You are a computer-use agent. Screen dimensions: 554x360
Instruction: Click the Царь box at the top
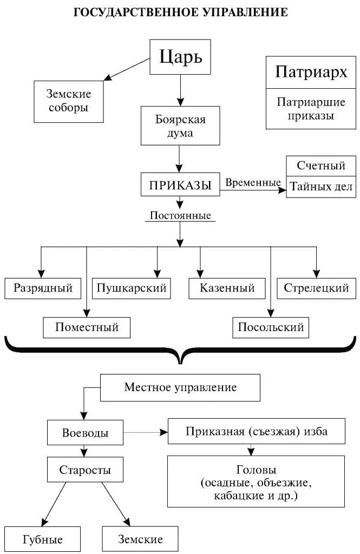180,57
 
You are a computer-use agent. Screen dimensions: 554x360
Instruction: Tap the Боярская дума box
180,126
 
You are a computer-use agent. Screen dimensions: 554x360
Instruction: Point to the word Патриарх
311,71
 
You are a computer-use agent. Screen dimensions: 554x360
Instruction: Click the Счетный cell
321,166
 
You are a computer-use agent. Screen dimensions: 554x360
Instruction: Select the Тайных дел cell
321,187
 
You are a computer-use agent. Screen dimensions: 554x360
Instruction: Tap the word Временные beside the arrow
252,183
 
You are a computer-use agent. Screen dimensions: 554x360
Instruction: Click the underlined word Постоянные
180,215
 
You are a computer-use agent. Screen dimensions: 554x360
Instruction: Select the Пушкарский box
132,288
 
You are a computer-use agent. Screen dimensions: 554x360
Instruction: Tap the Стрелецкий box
316,288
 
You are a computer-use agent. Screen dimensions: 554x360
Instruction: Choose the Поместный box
87,327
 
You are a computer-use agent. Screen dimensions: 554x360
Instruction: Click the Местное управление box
180,388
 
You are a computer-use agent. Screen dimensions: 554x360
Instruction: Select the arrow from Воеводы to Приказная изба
145,433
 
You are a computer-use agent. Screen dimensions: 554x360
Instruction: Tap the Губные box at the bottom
43,539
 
